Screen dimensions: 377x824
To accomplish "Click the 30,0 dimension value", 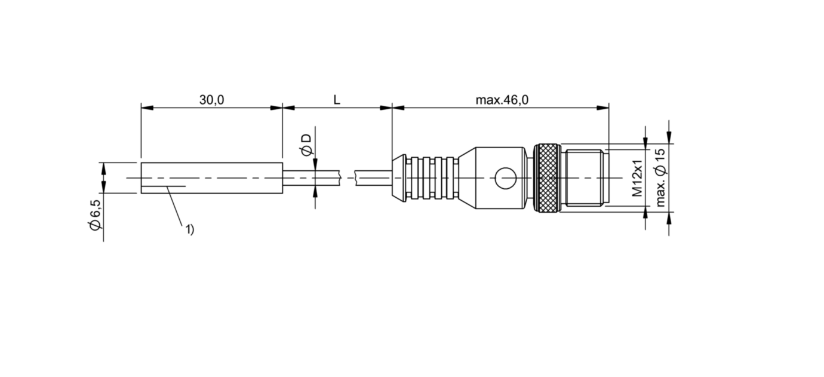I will point(211,100).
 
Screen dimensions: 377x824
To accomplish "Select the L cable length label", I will point(337,100).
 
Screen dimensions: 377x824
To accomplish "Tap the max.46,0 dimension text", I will point(502,100).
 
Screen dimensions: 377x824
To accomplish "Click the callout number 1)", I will point(189,229).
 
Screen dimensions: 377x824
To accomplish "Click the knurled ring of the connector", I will point(547,178).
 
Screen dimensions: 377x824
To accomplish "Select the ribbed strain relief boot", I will point(430,178).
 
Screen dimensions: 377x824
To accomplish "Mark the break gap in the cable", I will point(348,177).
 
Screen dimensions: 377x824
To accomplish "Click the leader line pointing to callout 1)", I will point(175,206).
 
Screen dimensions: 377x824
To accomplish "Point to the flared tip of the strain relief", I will point(398,178).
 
